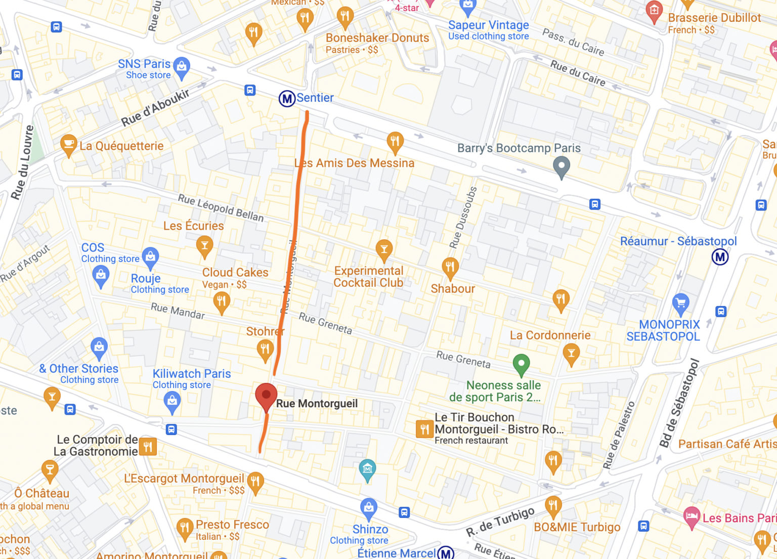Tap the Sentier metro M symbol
pyautogui.click(x=287, y=98)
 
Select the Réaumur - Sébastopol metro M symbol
pyautogui.click(x=720, y=257)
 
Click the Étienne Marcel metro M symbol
pyautogui.click(x=446, y=553)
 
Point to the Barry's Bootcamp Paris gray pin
pyautogui.click(x=561, y=166)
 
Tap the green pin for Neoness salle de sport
pyautogui.click(x=521, y=363)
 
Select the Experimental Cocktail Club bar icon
pyautogui.click(x=384, y=249)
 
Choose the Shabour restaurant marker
pyautogui.click(x=450, y=267)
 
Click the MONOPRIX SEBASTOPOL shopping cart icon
pyautogui.click(x=681, y=303)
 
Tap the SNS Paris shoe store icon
pyautogui.click(x=182, y=67)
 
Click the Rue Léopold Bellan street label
pyautogui.click(x=221, y=208)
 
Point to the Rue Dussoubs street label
pyautogui.click(x=463, y=217)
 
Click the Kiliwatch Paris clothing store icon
pyautogui.click(x=172, y=401)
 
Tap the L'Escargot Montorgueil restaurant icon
pyautogui.click(x=255, y=481)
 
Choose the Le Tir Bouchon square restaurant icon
pyautogui.click(x=424, y=429)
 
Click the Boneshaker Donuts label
pyautogui.click(x=377, y=38)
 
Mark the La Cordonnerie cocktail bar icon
pyautogui.click(x=571, y=353)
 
